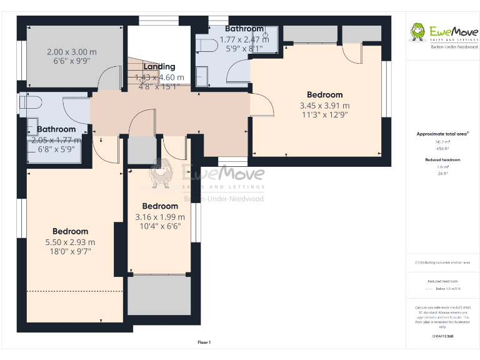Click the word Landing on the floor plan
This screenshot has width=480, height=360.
click(x=159, y=67)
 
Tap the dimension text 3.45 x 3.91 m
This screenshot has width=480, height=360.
click(x=324, y=106)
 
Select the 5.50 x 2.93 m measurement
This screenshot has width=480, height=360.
click(x=70, y=242)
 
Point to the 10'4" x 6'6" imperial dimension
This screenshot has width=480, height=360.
click(x=160, y=226)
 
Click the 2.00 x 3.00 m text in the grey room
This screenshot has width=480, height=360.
click(x=71, y=52)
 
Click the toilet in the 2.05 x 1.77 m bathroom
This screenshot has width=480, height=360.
click(x=31, y=103)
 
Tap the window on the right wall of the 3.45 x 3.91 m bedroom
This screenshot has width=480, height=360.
click(x=386, y=87)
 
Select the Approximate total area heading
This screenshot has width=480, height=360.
click(x=442, y=134)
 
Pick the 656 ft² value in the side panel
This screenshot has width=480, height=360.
click(x=442, y=149)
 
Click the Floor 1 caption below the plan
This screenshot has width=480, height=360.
click(x=204, y=342)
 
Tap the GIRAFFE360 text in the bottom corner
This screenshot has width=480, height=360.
click(x=442, y=336)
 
